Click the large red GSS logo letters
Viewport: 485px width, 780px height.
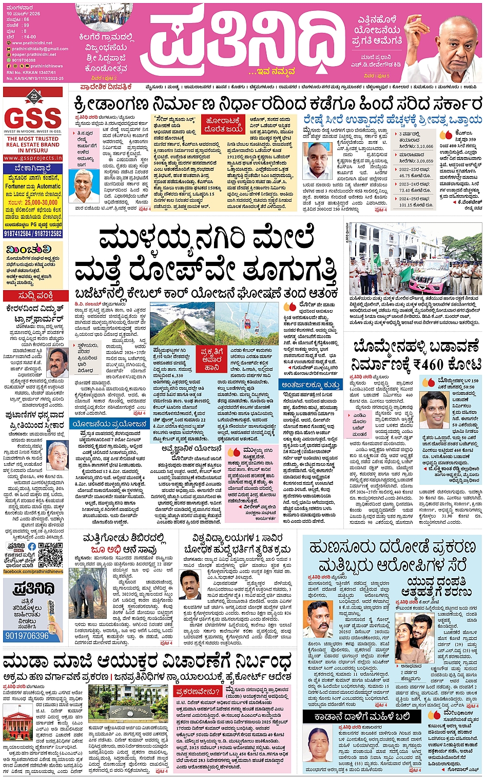point(34,118)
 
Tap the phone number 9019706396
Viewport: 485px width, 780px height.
point(27,636)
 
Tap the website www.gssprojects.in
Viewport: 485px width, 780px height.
point(33,158)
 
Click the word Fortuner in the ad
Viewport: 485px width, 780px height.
point(15,186)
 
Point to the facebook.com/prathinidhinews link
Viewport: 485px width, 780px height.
point(33,572)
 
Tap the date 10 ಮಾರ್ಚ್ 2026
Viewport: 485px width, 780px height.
point(23,14)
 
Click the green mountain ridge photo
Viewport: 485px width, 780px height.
point(182,324)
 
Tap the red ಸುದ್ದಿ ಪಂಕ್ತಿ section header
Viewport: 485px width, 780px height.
point(35,296)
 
